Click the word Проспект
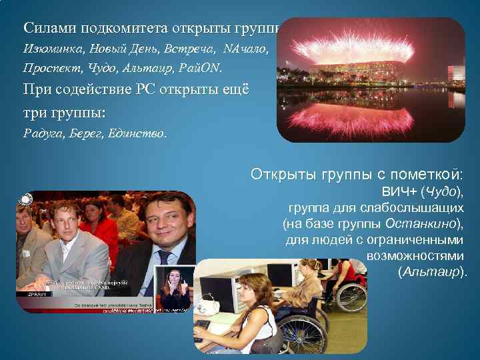pyautogui.click(x=48, y=69)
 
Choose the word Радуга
pyautogui.click(x=42, y=133)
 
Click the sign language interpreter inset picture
pyautogui.click(x=175, y=288)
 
